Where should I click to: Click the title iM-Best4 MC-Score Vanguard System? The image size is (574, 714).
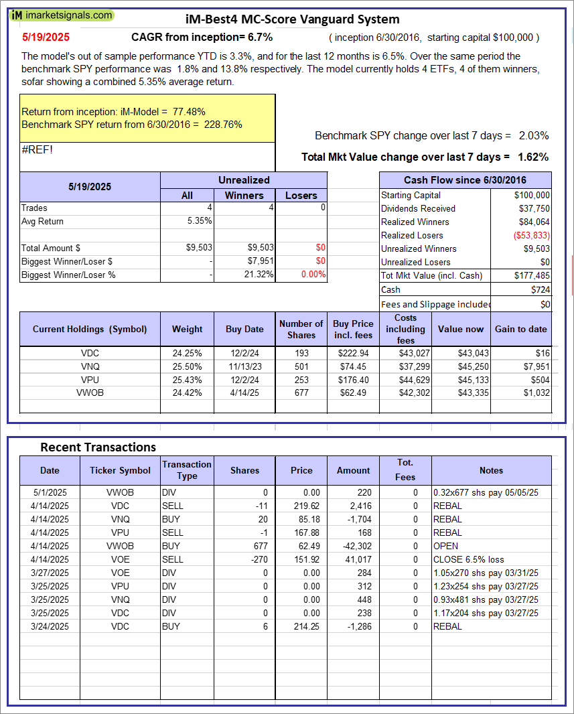tap(291, 19)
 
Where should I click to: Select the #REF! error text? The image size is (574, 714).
tap(37, 149)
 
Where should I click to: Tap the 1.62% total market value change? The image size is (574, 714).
tap(533, 157)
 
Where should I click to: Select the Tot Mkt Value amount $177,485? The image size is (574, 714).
tap(532, 275)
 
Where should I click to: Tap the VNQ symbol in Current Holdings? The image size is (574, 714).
tap(90, 366)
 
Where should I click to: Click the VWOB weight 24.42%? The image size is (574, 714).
tap(187, 392)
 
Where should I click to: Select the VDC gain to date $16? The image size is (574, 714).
tap(543, 353)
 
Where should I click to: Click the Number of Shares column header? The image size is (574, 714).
tap(301, 329)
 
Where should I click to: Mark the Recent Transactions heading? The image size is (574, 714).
tap(98, 447)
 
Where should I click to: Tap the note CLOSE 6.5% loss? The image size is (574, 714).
tap(469, 559)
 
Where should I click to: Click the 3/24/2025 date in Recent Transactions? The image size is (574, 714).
tap(50, 626)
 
